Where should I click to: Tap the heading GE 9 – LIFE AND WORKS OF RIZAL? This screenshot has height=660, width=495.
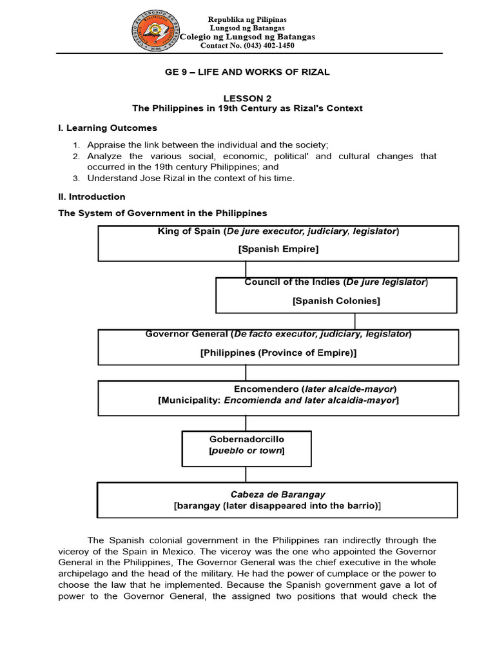tap(247, 72)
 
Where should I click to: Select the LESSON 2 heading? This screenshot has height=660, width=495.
tap(247, 98)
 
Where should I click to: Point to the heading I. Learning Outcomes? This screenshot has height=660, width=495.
tap(108, 128)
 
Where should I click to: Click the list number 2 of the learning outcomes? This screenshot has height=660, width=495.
tap(75, 156)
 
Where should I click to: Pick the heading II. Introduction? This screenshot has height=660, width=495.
tap(92, 197)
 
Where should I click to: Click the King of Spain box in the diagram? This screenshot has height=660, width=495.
tap(278, 242)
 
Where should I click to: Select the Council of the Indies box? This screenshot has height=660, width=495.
tap(336, 295)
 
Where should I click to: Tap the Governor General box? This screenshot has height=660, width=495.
tap(278, 347)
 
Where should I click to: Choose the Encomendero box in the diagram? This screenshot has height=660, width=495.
tap(278, 398)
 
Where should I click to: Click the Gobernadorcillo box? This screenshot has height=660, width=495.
tap(246, 449)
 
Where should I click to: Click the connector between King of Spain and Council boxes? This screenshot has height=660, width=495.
tap(246, 269)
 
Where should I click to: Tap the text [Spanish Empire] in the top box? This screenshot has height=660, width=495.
tap(278, 248)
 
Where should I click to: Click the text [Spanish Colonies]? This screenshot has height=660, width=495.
tap(336, 300)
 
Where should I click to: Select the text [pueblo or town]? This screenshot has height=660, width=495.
tap(246, 451)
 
